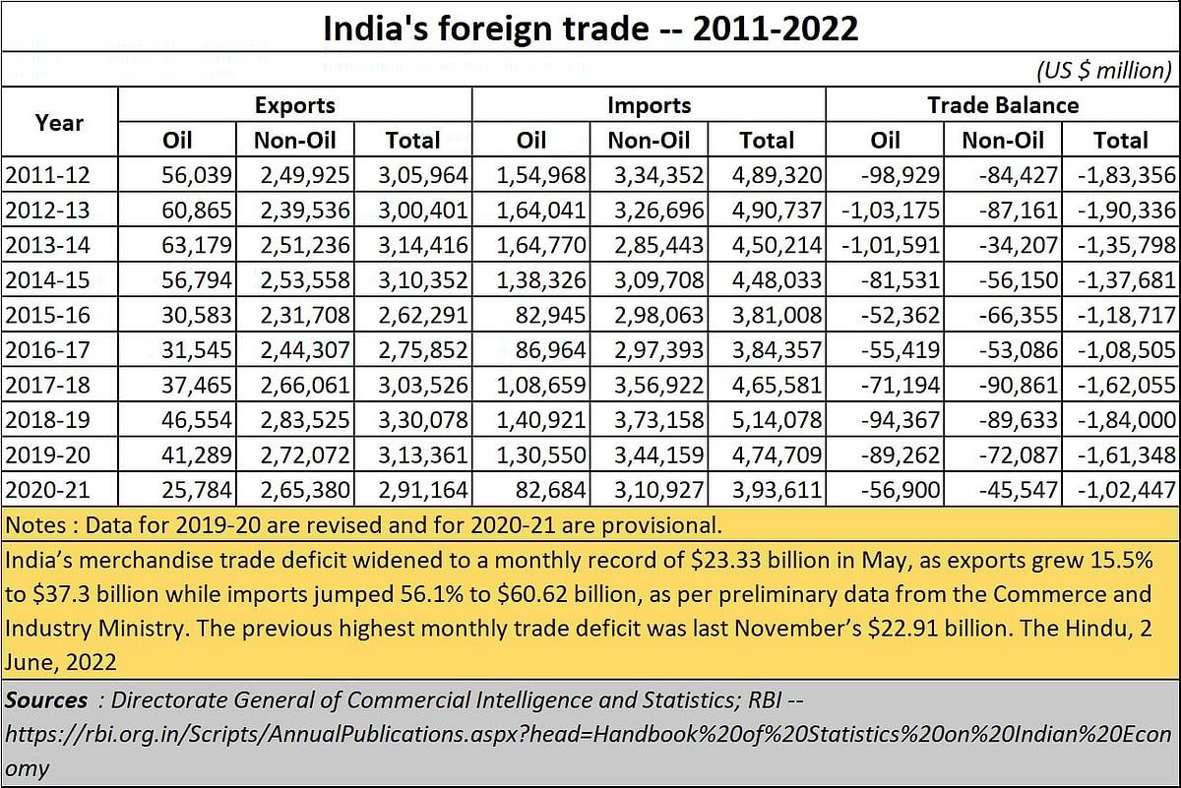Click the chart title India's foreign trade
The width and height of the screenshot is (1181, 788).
(x=590, y=29)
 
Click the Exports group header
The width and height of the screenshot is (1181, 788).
(x=294, y=105)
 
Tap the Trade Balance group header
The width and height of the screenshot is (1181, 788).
(x=1002, y=105)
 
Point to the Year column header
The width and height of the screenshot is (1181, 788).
(x=59, y=123)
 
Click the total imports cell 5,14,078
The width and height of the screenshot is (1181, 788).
(x=777, y=419)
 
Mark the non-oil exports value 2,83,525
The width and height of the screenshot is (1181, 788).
(x=305, y=419)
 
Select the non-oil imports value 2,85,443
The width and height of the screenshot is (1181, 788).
(x=659, y=246)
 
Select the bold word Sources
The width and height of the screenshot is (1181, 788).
(x=46, y=700)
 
